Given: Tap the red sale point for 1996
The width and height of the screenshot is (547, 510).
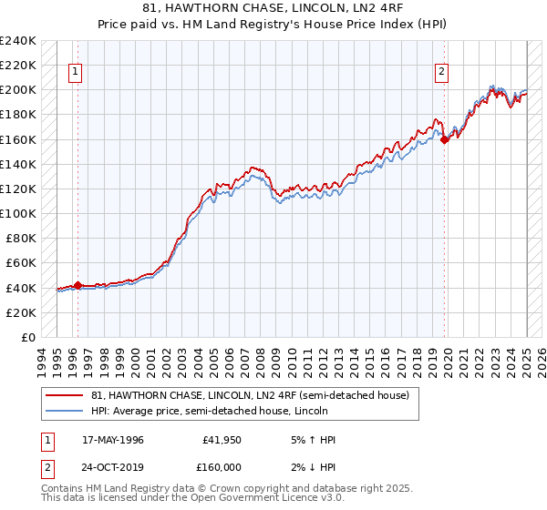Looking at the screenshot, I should coord(77,285).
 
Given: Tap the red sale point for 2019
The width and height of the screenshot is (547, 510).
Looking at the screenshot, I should coord(444,139).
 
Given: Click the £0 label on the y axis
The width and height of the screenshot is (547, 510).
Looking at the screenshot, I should coord(27,337).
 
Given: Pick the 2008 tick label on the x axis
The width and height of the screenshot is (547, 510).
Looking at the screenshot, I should coord(262,360).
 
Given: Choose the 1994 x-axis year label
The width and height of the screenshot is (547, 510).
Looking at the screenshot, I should coord(43,360).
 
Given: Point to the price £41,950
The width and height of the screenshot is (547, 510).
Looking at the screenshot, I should coord(222,441).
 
